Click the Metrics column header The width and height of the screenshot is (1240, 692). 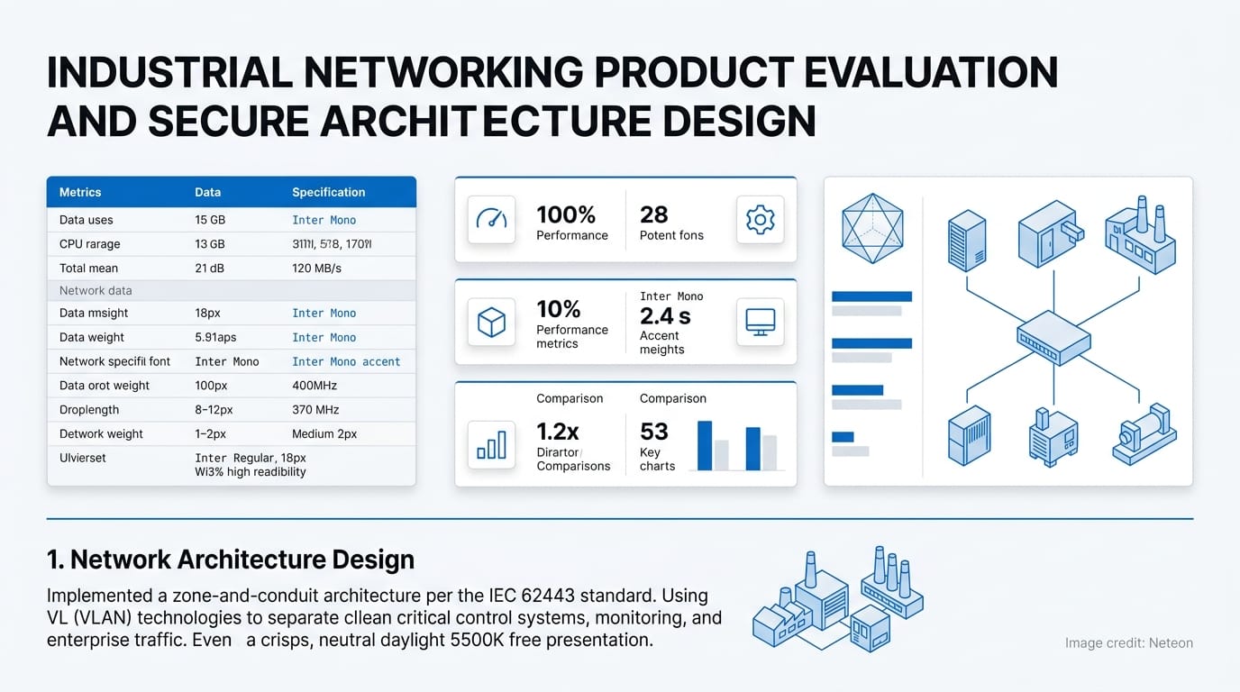pyautogui.click(x=80, y=192)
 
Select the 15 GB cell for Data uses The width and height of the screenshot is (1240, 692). pyautogui.click(x=210, y=220)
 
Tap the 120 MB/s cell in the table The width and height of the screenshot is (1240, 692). pyautogui.click(x=316, y=268)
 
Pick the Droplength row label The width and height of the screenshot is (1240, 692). pyautogui.click(x=89, y=409)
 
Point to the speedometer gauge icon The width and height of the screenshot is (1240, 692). pyautogui.click(x=491, y=220)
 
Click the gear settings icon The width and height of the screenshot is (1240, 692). pyautogui.click(x=760, y=220)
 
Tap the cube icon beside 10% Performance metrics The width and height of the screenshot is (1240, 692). pyautogui.click(x=491, y=323)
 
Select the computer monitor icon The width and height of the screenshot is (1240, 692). pyautogui.click(x=760, y=323)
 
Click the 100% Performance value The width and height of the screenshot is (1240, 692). pyautogui.click(x=566, y=214)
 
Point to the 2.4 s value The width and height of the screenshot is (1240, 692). pyautogui.click(x=665, y=316)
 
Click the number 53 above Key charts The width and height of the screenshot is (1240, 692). pyautogui.click(x=654, y=432)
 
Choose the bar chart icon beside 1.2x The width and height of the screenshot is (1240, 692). pyautogui.click(x=491, y=444)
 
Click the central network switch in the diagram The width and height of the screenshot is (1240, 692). pyautogui.click(x=1053, y=338)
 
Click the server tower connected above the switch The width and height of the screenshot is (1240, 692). pyautogui.click(x=966, y=241)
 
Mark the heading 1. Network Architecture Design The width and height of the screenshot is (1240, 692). pyautogui.click(x=231, y=560)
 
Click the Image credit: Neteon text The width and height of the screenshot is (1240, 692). pyautogui.click(x=1128, y=643)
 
